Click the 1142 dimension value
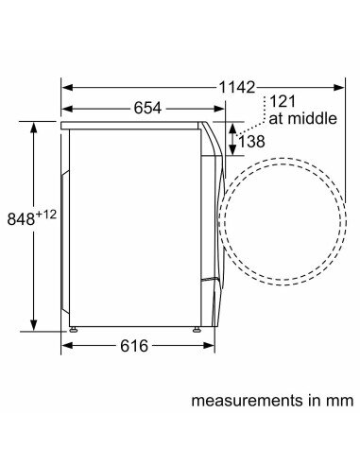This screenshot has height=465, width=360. tap(237, 87)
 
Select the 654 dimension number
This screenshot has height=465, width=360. tap(147, 108)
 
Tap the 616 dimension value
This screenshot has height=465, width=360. tap(134, 346)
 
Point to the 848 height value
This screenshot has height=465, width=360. tap(21, 219)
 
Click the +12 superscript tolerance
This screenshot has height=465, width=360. tap(46, 215)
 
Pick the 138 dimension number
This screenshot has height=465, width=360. tap(251, 142)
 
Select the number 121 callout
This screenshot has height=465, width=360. tap(283, 101)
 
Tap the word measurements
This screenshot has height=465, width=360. tap(246, 402)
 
